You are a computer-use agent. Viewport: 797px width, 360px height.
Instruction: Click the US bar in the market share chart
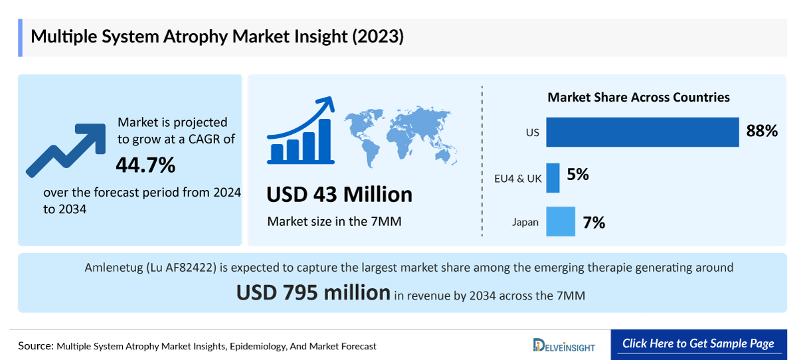642,132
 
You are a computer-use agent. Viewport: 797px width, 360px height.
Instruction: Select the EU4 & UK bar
553,178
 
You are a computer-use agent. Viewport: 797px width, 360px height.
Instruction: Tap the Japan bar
561,222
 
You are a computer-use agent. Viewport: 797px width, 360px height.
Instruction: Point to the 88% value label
762,132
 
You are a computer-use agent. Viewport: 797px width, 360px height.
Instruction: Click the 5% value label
578,175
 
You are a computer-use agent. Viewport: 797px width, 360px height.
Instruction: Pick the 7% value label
594,223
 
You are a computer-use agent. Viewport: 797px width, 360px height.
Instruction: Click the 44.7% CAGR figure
145,165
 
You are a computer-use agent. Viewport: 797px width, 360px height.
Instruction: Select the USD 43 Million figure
339,195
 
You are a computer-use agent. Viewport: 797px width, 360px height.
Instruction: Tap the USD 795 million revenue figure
313,292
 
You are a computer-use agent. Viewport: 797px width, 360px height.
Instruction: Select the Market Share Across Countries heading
638,98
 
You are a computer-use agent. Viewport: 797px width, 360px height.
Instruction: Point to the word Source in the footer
35,346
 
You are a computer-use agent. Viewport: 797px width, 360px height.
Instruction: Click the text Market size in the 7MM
334,221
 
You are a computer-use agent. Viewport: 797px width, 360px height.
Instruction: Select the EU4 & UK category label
518,179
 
